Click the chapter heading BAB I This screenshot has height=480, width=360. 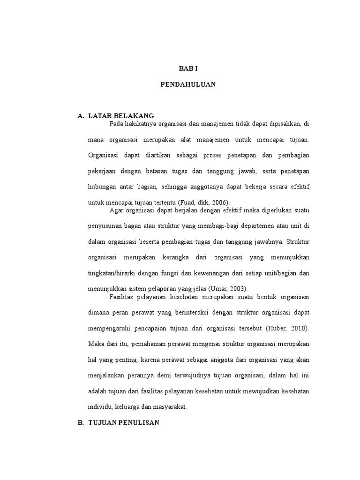pyautogui.click(x=188, y=68)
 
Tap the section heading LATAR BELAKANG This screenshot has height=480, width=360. pyautogui.click(x=121, y=116)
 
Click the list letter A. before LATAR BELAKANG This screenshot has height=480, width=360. pyautogui.click(x=80, y=116)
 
